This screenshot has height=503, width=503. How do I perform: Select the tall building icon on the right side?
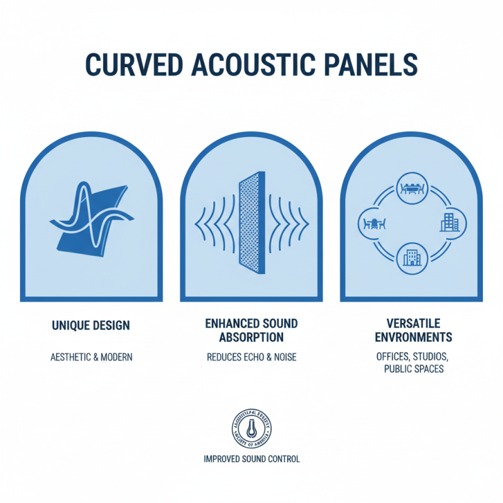pos(450,223)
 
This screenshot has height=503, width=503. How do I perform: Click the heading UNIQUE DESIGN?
pos(91,326)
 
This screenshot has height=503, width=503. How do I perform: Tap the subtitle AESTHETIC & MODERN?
pos(91,357)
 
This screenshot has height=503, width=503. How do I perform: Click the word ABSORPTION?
pos(251,337)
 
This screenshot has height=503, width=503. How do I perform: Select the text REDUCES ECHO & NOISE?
pos(251,357)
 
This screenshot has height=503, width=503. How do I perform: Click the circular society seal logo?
pos(251,428)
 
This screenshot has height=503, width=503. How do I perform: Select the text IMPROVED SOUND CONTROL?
pos(251,459)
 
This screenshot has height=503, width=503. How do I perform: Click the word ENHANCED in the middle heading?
pos(231,324)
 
